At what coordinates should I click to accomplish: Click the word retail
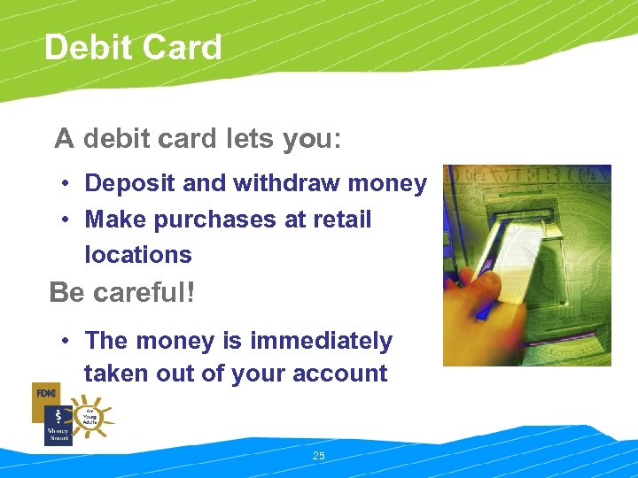point(342,220)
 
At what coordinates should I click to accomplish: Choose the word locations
point(137,255)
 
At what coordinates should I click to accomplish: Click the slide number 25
point(319,456)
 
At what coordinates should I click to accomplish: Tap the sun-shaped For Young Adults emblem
point(92,416)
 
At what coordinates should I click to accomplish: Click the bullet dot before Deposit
point(66,185)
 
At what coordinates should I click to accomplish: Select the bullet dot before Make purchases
point(66,220)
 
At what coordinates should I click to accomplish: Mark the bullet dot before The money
point(66,342)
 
